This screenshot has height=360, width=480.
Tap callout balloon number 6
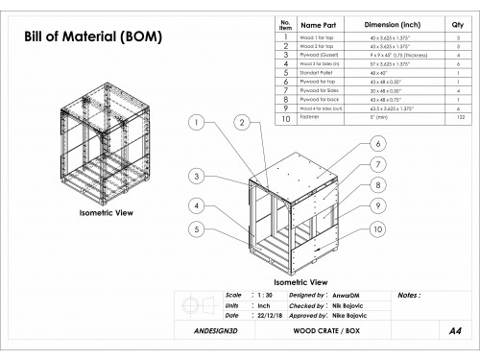click(x=378, y=143)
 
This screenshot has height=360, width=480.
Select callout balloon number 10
click(x=378, y=229)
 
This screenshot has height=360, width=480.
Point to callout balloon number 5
click(x=195, y=229)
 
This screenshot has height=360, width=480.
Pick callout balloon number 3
click(x=195, y=177)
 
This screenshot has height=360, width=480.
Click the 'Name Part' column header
click(x=317, y=26)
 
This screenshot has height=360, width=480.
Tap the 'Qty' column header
click(x=456, y=26)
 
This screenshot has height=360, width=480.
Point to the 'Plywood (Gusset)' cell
click(x=318, y=56)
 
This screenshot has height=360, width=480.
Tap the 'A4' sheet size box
click(x=452, y=329)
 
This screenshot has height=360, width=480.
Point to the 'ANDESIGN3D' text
click(x=208, y=329)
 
